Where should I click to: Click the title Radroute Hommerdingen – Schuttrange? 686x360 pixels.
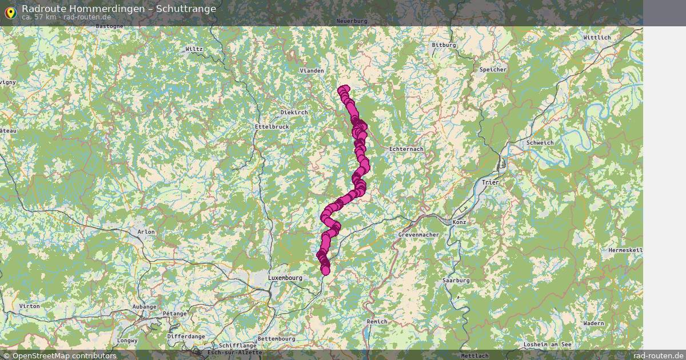119,9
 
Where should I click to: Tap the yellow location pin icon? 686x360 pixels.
10,12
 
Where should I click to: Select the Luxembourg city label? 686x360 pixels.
285,278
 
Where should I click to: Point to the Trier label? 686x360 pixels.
490,183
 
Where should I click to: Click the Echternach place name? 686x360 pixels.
406,149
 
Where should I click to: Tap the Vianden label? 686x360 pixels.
312,71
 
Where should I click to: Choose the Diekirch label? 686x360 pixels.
294,113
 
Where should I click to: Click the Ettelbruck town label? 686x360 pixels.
272,127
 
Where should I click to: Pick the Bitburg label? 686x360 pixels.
444,45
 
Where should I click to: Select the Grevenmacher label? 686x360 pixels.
418,235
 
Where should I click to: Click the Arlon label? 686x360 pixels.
146,232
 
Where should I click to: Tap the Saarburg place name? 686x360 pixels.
456,281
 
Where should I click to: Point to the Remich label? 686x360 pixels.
377,322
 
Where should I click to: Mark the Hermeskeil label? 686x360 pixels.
625,250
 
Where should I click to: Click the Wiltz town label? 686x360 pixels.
194,49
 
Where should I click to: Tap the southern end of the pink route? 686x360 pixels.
326,271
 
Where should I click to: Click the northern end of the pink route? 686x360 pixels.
344,89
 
